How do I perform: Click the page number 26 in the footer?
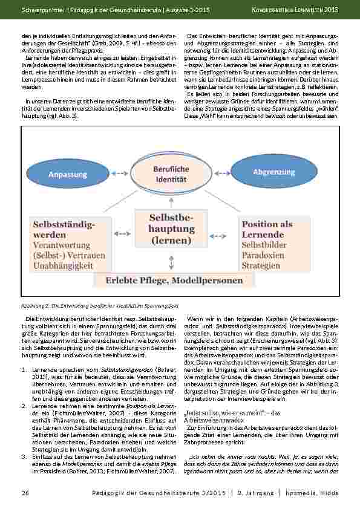25,493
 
